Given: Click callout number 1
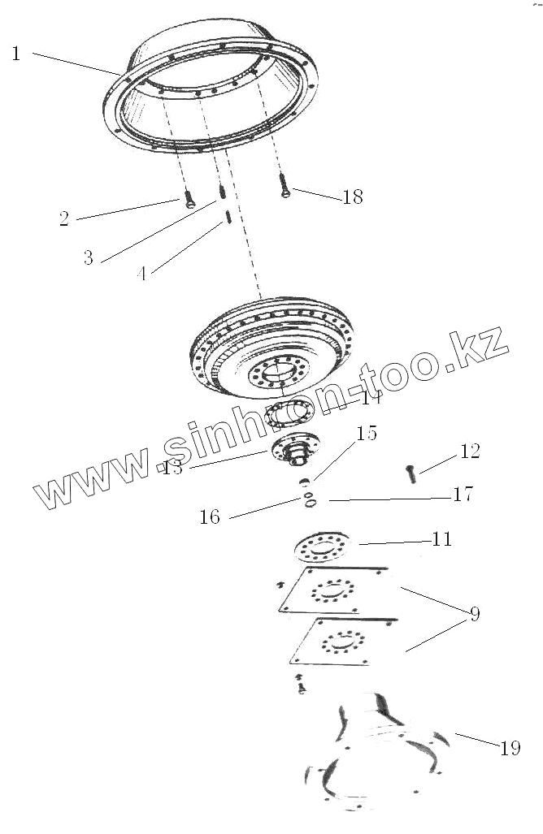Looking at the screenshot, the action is click(15, 54).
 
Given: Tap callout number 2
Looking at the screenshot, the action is click(63, 218).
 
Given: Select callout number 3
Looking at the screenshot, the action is click(88, 258).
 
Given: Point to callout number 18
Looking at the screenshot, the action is click(353, 197).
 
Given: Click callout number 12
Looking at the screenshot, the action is click(470, 452).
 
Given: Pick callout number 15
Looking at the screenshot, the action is click(367, 434).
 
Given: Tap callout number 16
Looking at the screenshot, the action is click(210, 516).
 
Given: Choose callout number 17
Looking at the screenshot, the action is click(463, 494).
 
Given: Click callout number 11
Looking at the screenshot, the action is click(442, 539).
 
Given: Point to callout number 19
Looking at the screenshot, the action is click(510, 748).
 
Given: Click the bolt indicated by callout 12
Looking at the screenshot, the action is click(411, 473).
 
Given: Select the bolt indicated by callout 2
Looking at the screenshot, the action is click(189, 200).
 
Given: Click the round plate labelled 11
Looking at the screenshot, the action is click(321, 548).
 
